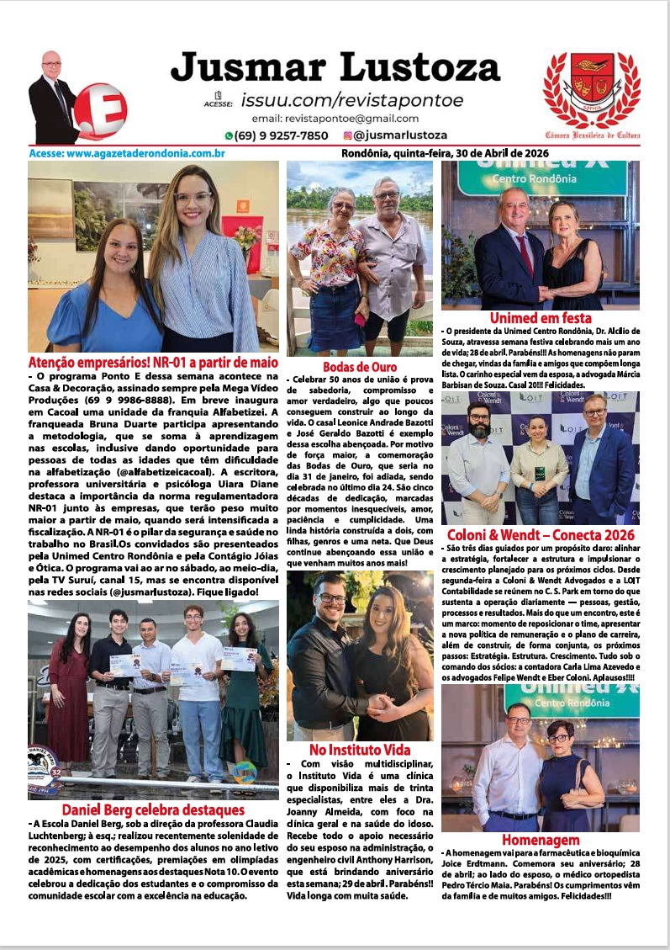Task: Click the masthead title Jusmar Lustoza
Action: coord(335,67)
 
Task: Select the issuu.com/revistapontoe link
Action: coord(351,100)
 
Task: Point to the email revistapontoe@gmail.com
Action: coord(335,119)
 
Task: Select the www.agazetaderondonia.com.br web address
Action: coord(127,153)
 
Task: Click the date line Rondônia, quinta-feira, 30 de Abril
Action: coord(445,153)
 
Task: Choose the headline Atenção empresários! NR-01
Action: coord(153,362)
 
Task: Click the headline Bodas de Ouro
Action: coord(360,367)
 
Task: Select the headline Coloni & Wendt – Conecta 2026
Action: coord(541,534)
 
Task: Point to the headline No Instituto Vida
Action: coord(360,749)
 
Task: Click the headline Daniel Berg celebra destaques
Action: coord(153,809)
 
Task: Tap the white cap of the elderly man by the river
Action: coord(385,183)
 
